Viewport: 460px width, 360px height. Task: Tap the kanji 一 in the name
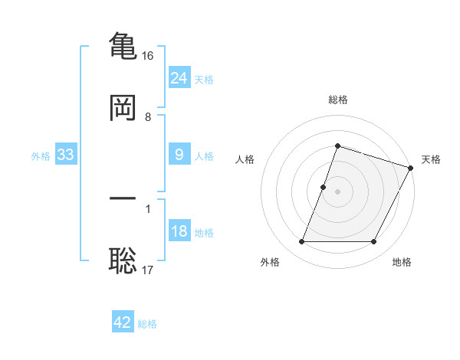coord(123,198)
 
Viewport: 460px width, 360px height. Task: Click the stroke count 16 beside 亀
coord(148,56)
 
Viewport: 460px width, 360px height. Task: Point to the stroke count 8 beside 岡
coord(148,117)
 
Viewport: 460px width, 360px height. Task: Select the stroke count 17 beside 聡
coord(148,270)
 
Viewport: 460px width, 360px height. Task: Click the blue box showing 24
coord(179,78)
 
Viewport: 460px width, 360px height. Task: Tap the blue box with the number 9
coord(179,155)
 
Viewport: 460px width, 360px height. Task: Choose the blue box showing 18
coord(179,231)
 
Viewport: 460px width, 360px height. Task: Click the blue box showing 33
coord(66,155)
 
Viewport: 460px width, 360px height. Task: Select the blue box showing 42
coord(123,322)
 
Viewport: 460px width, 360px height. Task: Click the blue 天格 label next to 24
coord(204,79)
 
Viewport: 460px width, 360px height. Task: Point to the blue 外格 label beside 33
coord(41,155)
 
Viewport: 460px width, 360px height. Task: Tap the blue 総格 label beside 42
coord(147,323)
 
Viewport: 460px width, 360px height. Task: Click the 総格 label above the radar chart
coord(338,100)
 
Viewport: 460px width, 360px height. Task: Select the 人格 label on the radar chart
coord(245,159)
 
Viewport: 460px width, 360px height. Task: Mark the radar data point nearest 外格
coord(301,242)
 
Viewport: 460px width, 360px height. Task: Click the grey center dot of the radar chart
coord(338,191)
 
